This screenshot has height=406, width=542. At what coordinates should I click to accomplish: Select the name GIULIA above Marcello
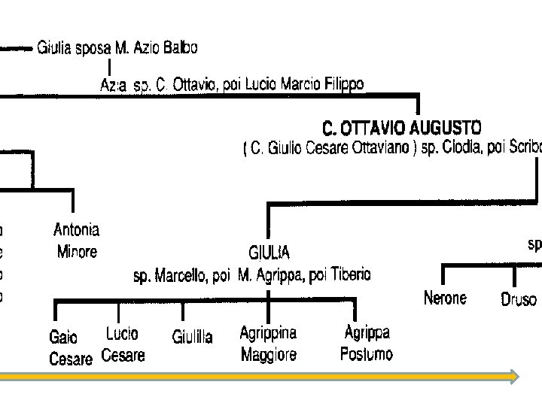268,253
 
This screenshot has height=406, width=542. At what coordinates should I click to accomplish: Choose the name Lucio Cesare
122,344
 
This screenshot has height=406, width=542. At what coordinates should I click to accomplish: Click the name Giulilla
192,336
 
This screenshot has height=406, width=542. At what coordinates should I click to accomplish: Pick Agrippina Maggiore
268,343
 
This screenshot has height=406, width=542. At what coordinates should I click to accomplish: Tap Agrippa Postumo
367,343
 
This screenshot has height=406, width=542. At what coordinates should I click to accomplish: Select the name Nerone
445,298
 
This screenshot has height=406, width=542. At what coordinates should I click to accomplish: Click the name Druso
519,300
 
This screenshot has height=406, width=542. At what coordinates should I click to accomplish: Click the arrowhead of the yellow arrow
513,376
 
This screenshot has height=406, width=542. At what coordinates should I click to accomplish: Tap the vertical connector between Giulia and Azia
111,67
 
